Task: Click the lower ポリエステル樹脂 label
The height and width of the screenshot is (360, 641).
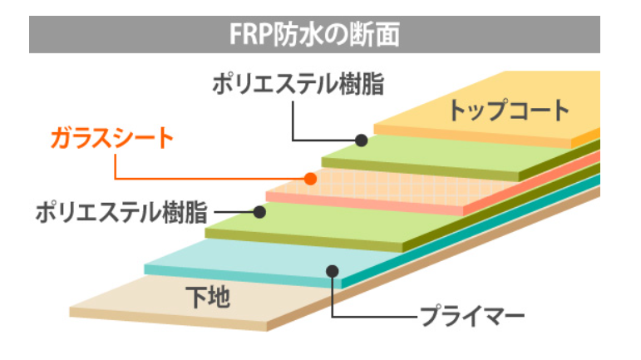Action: point(121,212)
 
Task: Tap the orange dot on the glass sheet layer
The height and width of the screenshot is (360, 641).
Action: point(310,178)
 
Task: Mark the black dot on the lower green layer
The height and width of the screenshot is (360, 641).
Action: point(259,212)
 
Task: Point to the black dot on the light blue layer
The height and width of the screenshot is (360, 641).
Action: point(333,269)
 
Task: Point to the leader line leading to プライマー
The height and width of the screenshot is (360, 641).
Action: point(374,317)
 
